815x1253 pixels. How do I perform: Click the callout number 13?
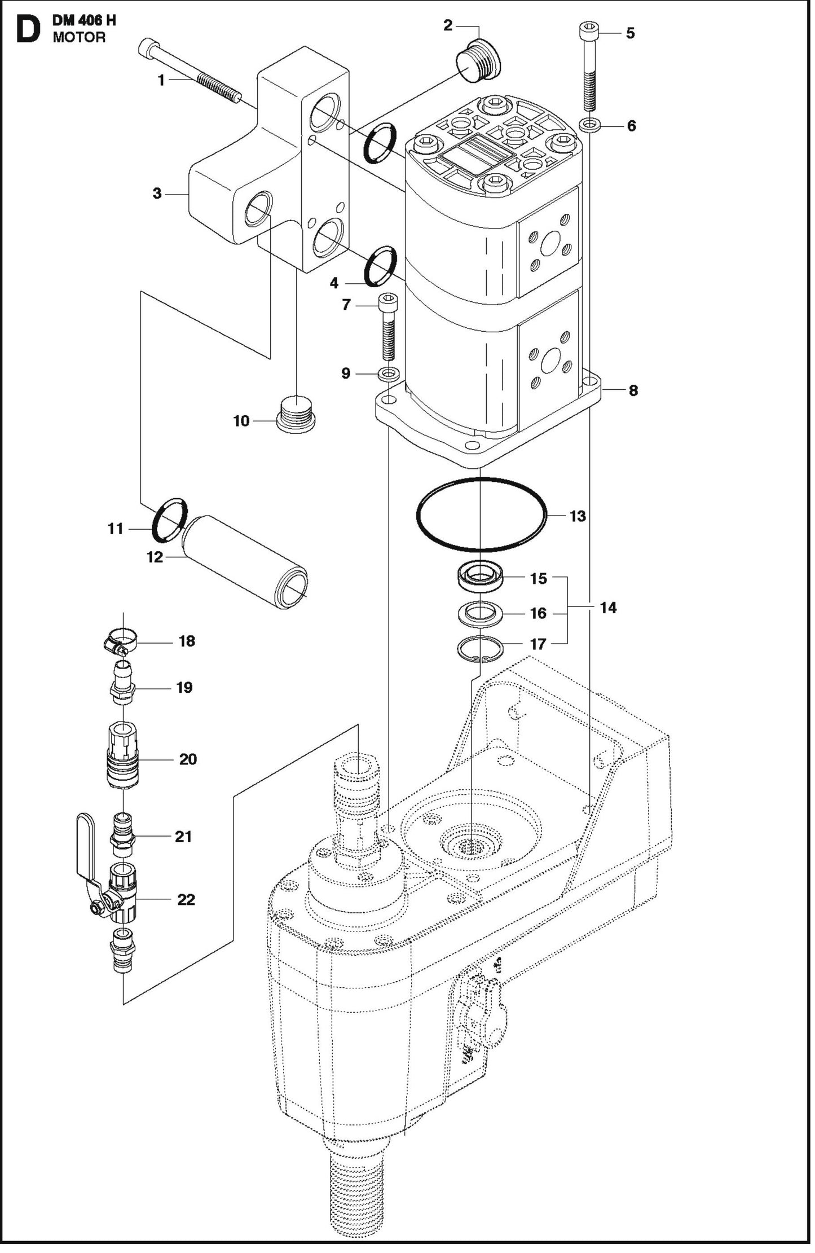tap(578, 516)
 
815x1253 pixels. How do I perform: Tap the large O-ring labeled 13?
tap(418, 515)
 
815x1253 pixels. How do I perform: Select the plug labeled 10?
tap(297, 415)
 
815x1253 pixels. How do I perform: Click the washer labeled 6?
tap(590, 124)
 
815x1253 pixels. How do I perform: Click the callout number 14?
tap(608, 608)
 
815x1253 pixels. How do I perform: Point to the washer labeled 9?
tap(389, 373)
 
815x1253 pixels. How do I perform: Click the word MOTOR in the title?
tap(79, 38)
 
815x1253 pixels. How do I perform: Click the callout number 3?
tap(157, 194)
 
